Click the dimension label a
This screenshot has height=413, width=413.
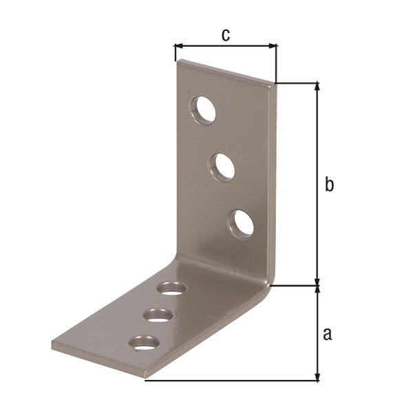[x=328, y=334]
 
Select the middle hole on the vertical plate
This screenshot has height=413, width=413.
[x=222, y=167]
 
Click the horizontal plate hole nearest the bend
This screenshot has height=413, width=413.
[x=171, y=288]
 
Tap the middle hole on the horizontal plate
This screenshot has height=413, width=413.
[x=158, y=315]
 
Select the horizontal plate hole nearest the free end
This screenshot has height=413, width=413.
[x=145, y=342]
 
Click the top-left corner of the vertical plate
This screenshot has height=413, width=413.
[x=179, y=61]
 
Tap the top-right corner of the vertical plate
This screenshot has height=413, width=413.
[x=276, y=84]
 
